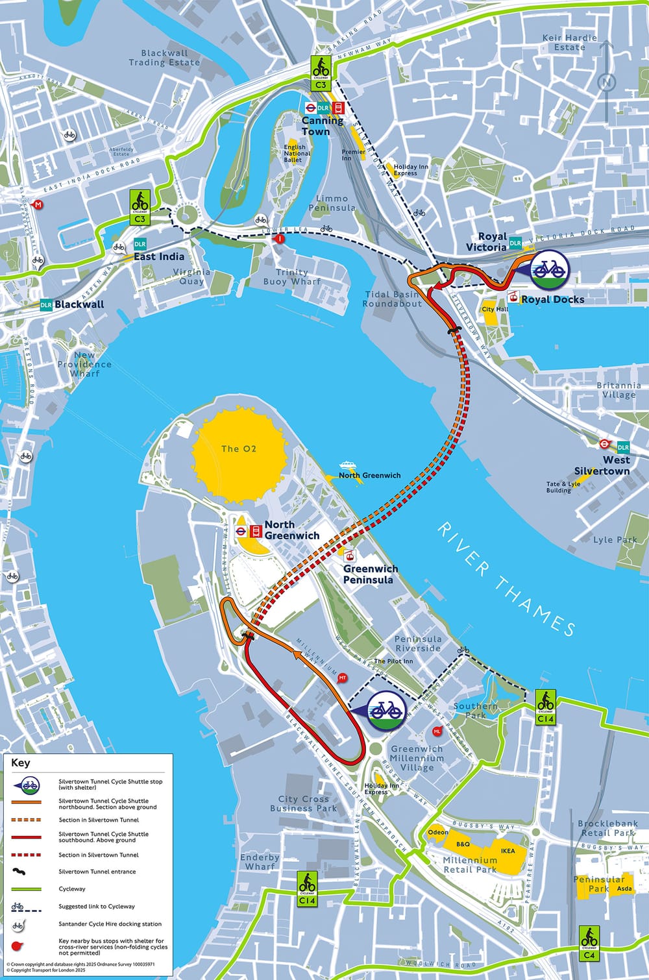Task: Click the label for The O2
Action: tap(239, 448)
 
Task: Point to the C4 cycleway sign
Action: tap(589, 943)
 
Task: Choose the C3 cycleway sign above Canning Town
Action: tap(321, 72)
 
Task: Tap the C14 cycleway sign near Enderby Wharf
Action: tap(307, 888)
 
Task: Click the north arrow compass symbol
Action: tap(606, 82)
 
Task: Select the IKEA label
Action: tap(508, 851)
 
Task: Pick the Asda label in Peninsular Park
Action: tap(624, 888)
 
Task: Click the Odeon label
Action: tap(438, 832)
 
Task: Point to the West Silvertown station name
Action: tap(602, 465)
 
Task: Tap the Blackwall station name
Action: tap(79, 304)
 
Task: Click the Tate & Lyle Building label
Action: tap(563, 487)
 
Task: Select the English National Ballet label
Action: tap(297, 153)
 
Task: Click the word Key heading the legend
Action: tap(21, 763)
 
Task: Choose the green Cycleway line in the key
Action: tap(27, 888)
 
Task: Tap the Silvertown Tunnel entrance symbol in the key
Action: tap(27, 872)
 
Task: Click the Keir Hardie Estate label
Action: tap(569, 42)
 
